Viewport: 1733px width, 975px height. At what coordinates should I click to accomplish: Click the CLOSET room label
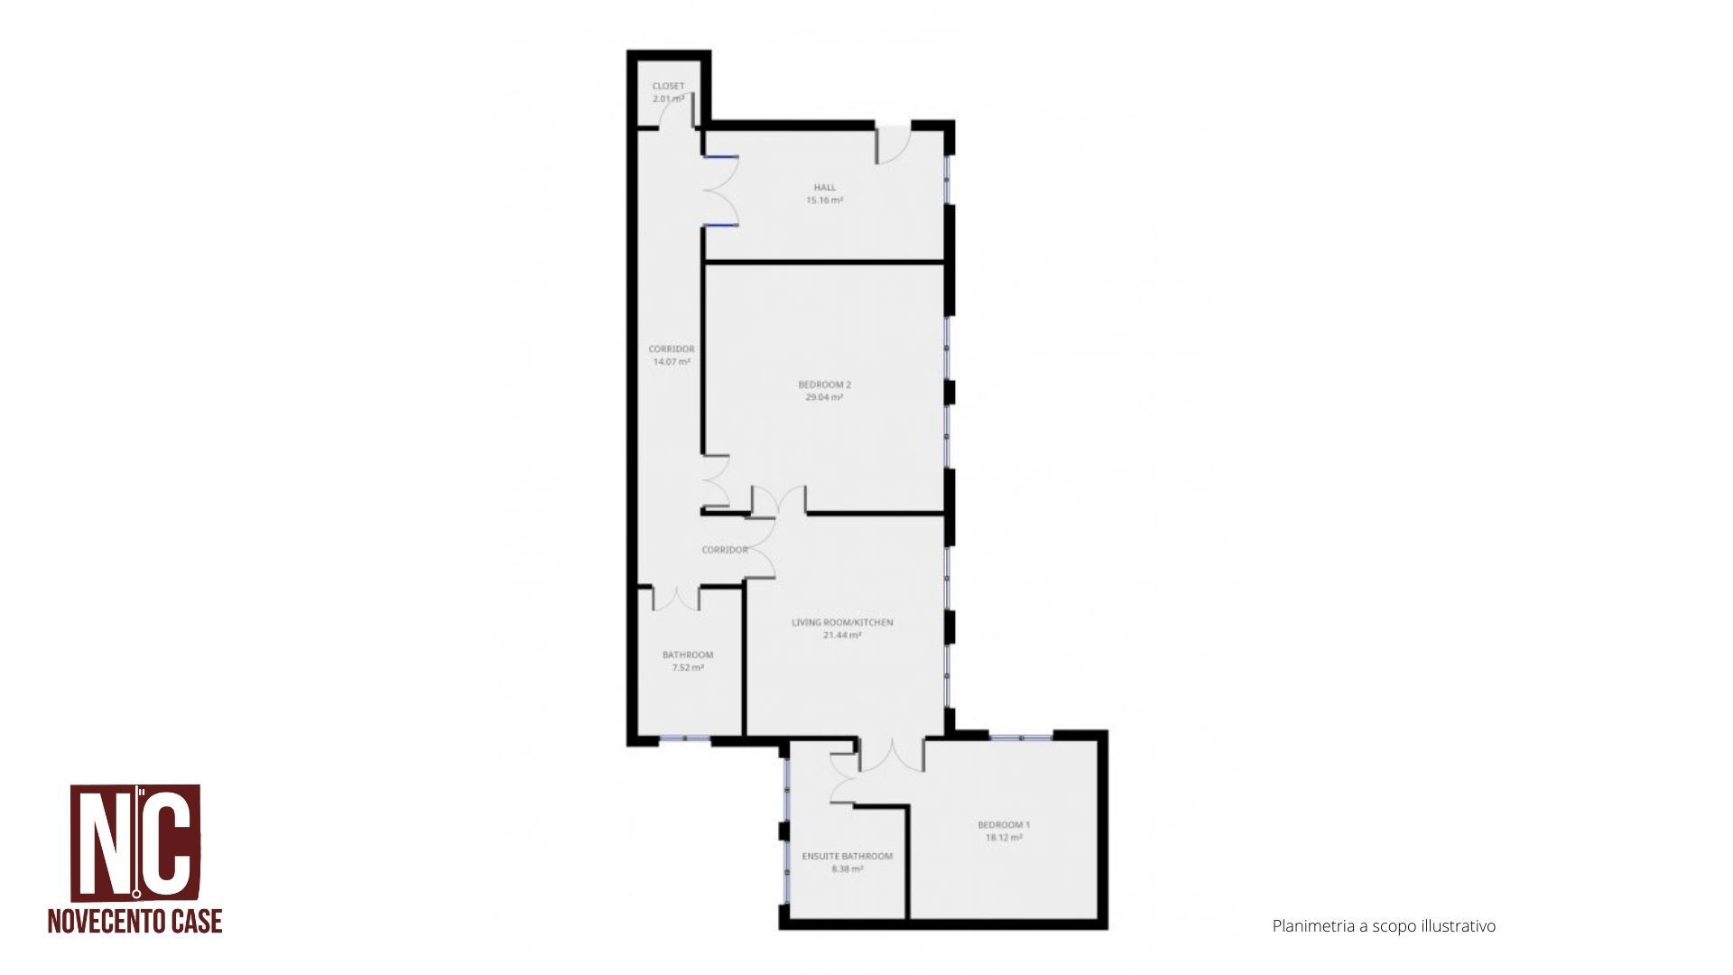pos(668,87)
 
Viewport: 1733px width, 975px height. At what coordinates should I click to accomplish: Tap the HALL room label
pos(824,188)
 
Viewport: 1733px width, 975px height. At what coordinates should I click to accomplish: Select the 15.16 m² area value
pos(824,200)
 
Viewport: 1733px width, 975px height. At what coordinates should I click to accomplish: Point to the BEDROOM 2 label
pos(824,385)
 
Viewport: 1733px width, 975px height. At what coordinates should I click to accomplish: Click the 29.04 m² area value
pos(824,396)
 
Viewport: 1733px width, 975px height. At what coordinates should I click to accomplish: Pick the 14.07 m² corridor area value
pos(672,361)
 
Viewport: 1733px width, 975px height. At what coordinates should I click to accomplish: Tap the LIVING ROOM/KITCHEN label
pos(842,622)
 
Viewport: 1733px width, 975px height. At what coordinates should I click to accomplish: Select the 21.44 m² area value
pos(842,635)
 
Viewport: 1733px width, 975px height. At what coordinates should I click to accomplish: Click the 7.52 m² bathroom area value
pos(688,668)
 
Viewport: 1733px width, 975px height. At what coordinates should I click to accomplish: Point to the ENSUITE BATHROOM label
pos(848,857)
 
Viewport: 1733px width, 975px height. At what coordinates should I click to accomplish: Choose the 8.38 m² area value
pos(848,869)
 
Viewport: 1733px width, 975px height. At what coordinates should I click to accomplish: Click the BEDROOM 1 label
pos(1004,825)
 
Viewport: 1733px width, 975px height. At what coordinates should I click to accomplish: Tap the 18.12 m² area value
pos(1004,837)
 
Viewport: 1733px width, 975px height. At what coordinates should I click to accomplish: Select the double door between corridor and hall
pos(720,191)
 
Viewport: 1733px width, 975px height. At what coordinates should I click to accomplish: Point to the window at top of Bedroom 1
pos(1021,738)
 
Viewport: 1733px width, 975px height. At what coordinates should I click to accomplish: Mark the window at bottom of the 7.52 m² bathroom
pos(684,739)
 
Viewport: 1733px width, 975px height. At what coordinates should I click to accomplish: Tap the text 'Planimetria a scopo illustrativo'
pos(1384,926)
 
